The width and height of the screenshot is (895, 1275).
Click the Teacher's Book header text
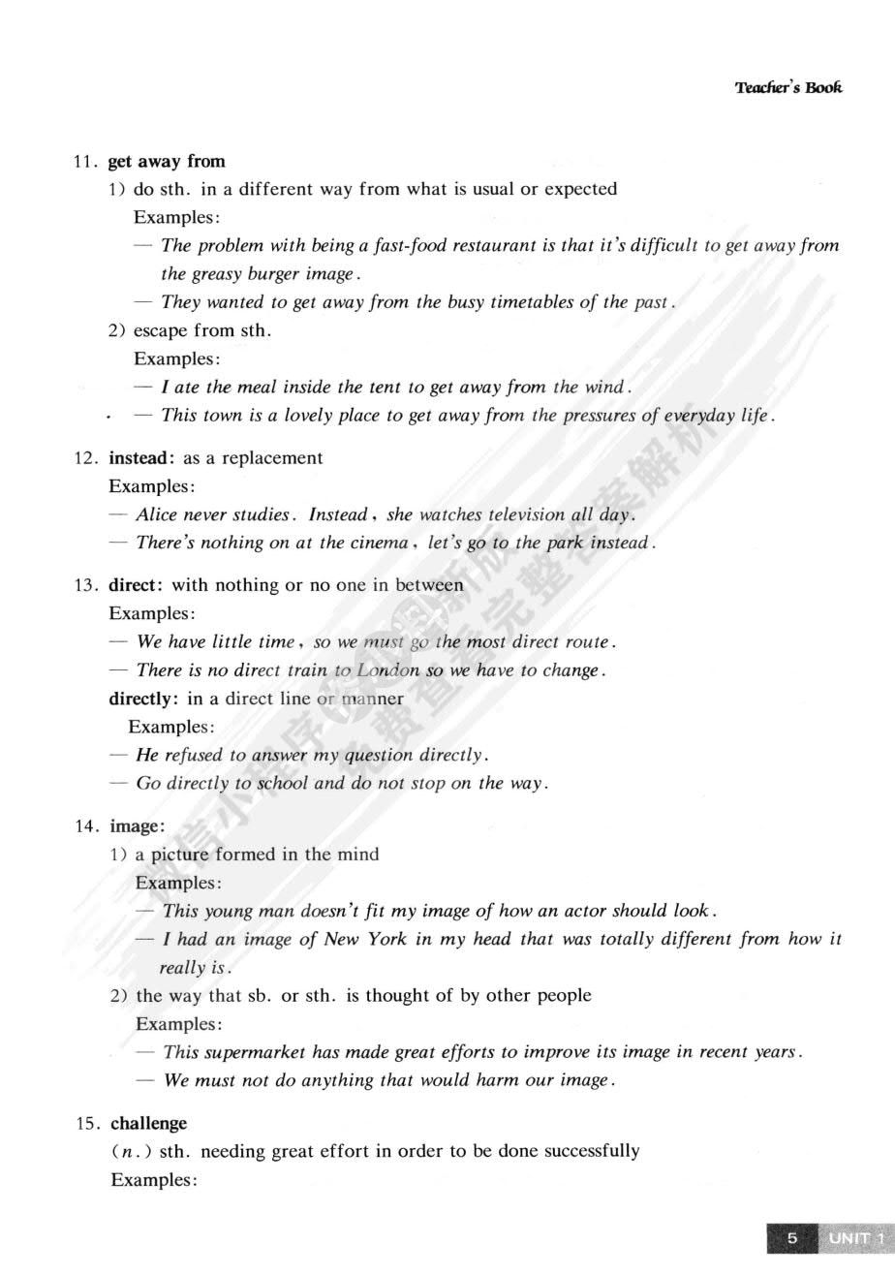coord(787,87)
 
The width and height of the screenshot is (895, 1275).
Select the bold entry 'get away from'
coord(167,161)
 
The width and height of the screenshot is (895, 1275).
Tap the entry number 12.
coord(85,458)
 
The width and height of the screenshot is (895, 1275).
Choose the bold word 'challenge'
coord(148,1124)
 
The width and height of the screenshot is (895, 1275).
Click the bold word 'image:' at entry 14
coord(137,826)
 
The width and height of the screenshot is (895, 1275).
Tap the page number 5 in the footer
coord(791,1238)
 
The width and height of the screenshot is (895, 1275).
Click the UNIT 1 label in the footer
coord(855,1238)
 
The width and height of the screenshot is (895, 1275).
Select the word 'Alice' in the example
coord(158,514)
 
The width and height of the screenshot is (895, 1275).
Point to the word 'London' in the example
coord(388,670)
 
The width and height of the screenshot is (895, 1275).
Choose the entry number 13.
coord(85,585)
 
